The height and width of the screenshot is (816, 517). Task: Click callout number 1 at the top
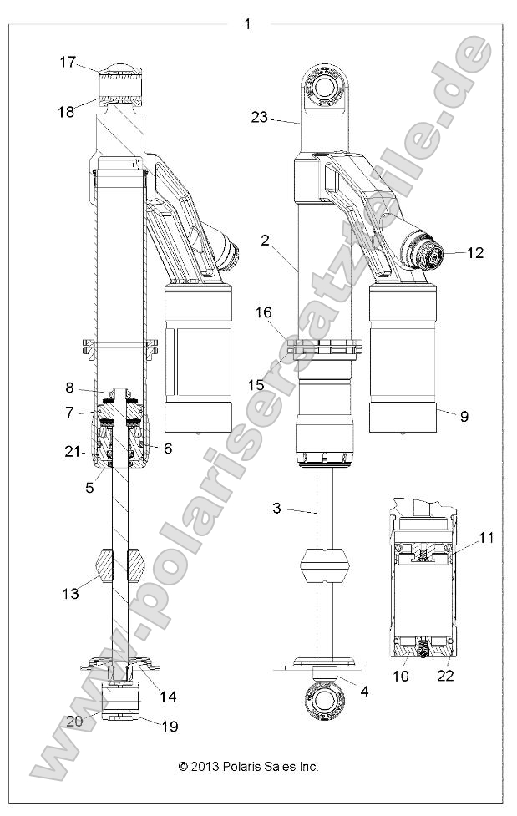point(246,24)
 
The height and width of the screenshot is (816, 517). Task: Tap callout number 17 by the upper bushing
point(68,62)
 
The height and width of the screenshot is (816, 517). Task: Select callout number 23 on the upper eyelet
point(259,118)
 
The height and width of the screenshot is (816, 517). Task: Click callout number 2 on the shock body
point(264,241)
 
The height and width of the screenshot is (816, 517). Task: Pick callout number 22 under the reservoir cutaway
point(445,676)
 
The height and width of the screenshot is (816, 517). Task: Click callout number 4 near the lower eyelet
point(363,690)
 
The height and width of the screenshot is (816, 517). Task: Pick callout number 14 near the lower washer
point(169,696)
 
